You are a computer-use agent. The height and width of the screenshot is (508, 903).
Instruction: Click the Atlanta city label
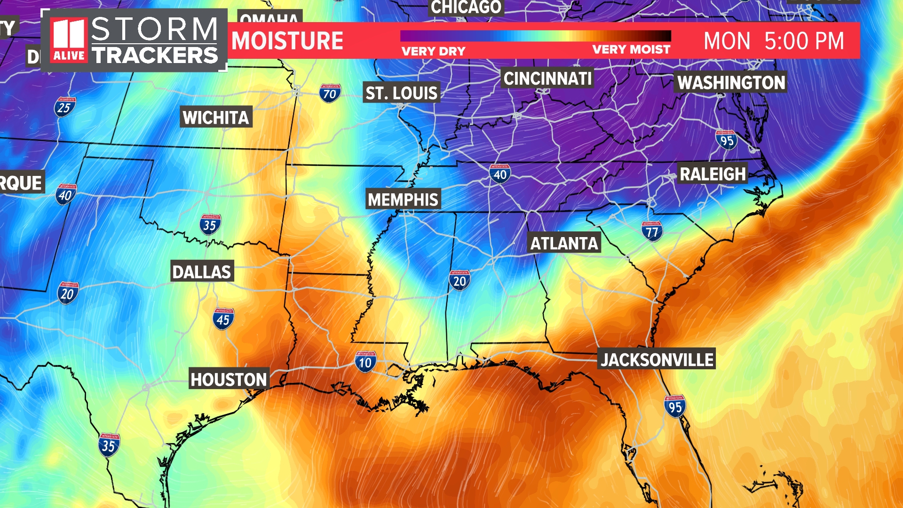point(564,243)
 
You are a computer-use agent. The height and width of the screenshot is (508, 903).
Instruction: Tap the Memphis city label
point(403,199)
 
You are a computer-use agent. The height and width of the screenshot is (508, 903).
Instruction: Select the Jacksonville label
point(657,360)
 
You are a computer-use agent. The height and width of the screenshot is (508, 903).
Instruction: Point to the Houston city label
point(229,379)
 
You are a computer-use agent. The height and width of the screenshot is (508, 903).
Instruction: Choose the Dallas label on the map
point(202,272)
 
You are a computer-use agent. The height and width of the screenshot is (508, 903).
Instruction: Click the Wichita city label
point(216,117)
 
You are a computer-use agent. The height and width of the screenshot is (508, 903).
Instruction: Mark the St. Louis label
point(402,93)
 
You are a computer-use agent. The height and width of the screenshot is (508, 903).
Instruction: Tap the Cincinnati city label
point(547,79)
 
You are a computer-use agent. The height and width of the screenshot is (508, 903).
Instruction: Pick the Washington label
point(731,83)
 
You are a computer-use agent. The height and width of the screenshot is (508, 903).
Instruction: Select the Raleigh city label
point(713,174)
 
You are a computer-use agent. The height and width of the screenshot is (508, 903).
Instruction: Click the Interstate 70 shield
point(330,93)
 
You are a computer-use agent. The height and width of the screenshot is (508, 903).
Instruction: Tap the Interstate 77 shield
point(652,231)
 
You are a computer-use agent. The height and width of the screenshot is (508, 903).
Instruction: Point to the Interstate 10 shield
point(365,362)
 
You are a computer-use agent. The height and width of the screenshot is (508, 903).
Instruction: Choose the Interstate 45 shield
point(223,319)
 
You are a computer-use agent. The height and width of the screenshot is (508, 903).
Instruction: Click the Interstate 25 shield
point(65,107)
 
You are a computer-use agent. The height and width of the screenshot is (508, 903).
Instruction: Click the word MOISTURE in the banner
point(287,41)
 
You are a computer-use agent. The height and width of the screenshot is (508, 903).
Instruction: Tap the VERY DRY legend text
point(433,51)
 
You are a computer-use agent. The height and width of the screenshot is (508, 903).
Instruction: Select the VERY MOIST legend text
point(631,49)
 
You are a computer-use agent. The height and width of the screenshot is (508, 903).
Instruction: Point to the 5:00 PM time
point(804,41)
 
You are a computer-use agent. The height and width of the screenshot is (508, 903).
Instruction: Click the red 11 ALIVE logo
point(69,40)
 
